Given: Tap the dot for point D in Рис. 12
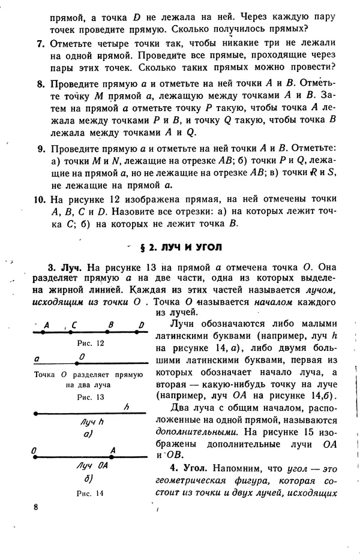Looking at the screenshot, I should click(x=142, y=332).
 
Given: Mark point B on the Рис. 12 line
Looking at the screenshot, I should click(x=110, y=332).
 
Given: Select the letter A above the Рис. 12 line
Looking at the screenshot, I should click(x=47, y=325).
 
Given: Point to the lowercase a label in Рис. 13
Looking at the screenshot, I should click(x=37, y=358).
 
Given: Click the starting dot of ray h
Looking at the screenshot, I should click(x=37, y=413).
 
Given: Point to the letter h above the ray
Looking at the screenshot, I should click(x=127, y=406).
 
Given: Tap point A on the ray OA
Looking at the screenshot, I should click(x=112, y=456).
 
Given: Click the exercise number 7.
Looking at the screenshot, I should click(x=40, y=44).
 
